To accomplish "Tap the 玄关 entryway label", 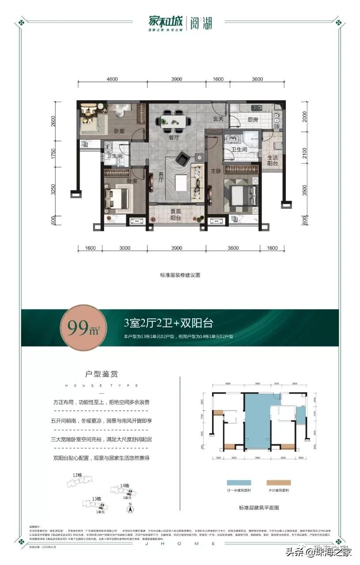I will pos(218,119).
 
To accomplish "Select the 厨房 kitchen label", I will pos(252,119).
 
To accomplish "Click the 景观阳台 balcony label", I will pos(176,214).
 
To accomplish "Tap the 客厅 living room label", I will pos(162,177).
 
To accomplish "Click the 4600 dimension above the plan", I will pos(112,79).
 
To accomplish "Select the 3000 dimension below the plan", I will pos(125,248).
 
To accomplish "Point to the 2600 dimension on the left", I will pos(53,121).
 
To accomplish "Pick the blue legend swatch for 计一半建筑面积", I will pos(239,482).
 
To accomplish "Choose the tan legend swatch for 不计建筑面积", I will pos(278,482).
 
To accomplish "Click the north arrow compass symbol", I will pos(130,508).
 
